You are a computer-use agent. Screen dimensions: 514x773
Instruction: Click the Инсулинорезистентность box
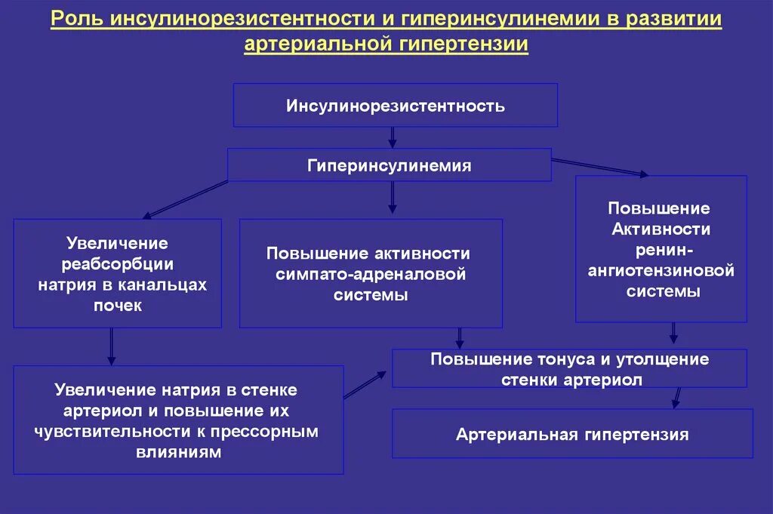[395, 106]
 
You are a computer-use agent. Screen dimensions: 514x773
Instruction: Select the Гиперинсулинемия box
[390, 165]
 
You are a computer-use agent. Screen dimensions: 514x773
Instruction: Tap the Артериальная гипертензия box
[572, 434]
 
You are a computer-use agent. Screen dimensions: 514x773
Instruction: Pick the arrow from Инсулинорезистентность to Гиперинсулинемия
[393, 137]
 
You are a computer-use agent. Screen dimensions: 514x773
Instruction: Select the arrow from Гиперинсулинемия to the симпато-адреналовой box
[393, 198]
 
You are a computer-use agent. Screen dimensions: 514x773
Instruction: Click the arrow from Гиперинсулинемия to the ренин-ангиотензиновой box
[600, 167]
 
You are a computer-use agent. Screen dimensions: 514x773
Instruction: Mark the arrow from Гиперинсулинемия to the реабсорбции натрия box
[186, 199]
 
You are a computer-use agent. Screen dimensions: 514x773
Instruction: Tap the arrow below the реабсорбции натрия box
[112, 347]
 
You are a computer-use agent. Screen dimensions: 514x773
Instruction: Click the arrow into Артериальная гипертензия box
[677, 398]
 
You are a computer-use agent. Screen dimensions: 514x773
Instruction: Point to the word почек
[118, 306]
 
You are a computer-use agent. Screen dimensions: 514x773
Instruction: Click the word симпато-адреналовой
[371, 274]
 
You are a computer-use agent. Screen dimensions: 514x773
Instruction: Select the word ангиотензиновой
[661, 269]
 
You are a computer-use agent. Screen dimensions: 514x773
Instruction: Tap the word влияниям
[178, 453]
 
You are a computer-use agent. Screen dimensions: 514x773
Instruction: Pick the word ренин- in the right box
[661, 249]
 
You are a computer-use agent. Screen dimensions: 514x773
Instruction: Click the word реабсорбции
[118, 264]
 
